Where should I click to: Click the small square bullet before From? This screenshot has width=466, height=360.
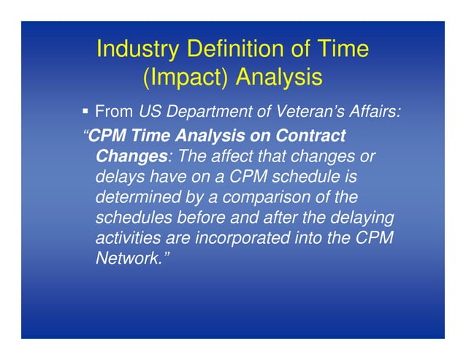click(85, 112)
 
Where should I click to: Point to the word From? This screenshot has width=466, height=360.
click(114, 112)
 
